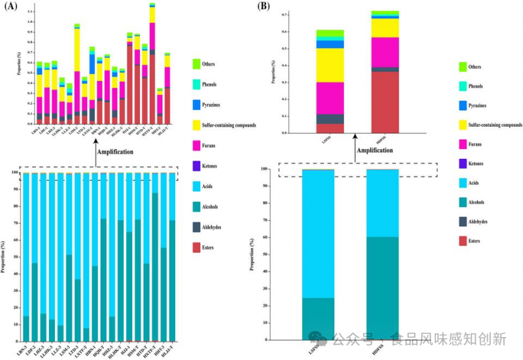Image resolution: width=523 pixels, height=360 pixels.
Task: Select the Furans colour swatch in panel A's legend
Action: click(x=195, y=145)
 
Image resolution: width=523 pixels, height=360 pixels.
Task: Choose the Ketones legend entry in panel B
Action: click(x=463, y=163)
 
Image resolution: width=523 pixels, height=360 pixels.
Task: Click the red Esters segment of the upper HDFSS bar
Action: click(x=384, y=102)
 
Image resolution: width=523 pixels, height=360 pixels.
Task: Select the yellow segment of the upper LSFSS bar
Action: click(x=330, y=65)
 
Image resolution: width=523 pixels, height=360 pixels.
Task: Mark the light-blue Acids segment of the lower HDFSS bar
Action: click(x=382, y=203)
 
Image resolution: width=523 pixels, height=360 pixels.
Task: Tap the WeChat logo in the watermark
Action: click(x=318, y=338)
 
